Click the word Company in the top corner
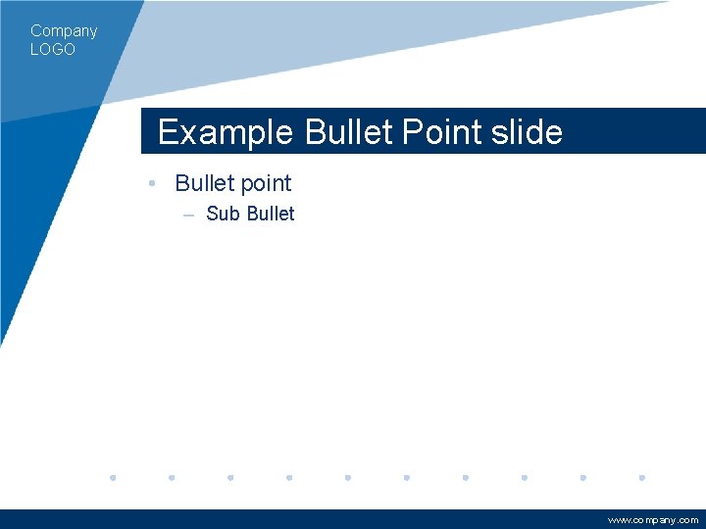[x=64, y=31]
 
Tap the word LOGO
[x=53, y=49]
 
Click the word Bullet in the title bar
[x=349, y=132]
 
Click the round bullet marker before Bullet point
[x=153, y=184]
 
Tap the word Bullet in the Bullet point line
[x=203, y=183]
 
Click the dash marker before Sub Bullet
[x=187, y=215]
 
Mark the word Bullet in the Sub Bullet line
[x=271, y=214]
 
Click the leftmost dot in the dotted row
[x=113, y=478]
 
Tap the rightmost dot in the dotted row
[x=641, y=478]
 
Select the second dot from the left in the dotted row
[x=172, y=478]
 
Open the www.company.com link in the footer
[x=653, y=520]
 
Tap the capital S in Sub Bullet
[x=212, y=214]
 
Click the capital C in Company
[x=36, y=31]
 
